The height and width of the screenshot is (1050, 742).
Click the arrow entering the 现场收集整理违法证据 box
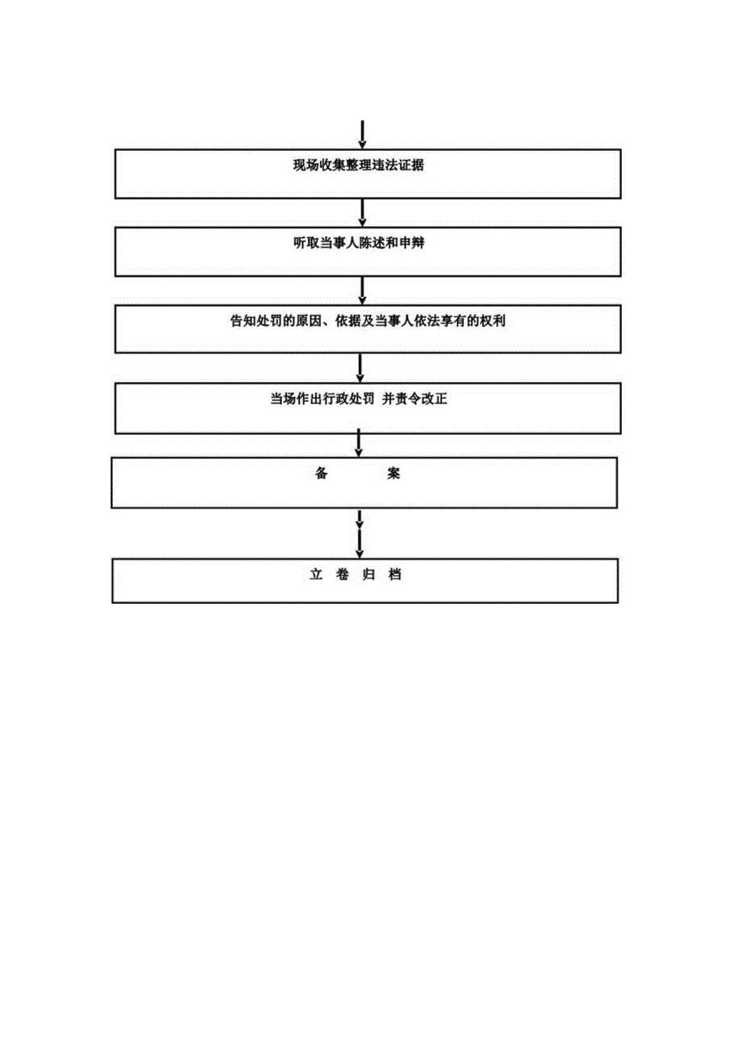(x=364, y=135)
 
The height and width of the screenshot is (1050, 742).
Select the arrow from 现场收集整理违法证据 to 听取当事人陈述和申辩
(x=363, y=212)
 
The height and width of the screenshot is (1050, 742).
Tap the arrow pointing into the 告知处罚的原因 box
(x=363, y=290)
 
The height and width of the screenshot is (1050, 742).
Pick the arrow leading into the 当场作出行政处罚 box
(x=361, y=367)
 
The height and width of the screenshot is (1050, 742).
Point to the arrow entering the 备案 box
(x=359, y=443)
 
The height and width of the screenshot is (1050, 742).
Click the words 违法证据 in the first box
(x=400, y=165)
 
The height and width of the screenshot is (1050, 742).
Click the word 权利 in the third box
(x=493, y=320)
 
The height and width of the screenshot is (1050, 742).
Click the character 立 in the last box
(x=316, y=575)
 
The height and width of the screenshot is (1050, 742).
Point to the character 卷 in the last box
(x=343, y=575)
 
